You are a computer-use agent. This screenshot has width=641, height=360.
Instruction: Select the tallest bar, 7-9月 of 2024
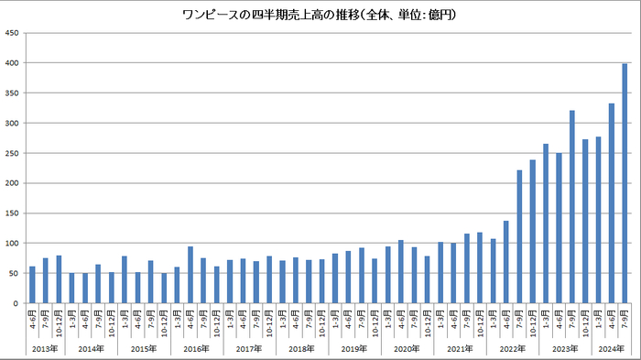(x=625, y=183)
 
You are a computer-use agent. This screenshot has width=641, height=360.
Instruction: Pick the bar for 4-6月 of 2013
(x=32, y=285)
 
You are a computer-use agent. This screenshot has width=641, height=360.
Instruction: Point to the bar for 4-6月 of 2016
(x=190, y=275)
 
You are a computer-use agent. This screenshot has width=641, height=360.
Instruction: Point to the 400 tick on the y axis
(x=13, y=63)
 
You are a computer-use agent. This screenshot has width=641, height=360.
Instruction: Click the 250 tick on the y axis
(x=13, y=153)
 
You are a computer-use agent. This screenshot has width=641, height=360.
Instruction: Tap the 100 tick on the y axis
(x=13, y=244)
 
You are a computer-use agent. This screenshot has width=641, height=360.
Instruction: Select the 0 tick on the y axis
(x=16, y=303)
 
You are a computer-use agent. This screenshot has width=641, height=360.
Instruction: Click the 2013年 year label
(x=45, y=348)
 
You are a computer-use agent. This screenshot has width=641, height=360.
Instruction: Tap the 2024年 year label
(x=611, y=348)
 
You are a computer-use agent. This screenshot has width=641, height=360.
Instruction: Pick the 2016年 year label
(x=196, y=348)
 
